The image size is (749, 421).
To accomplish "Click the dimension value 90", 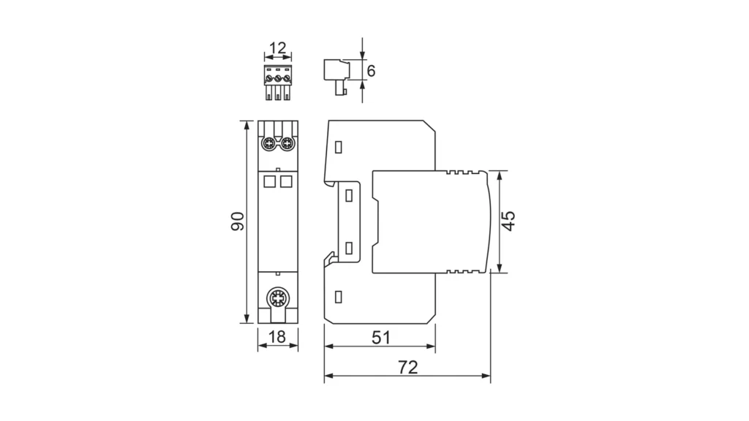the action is coord(238,221).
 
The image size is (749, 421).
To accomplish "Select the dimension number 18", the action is coord(277,337).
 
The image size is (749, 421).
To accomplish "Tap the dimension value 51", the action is coord(380,338).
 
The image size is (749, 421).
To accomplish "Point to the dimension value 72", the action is coord(408,367).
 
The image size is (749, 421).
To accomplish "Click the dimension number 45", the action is coord(509,221).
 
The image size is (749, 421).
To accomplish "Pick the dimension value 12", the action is coord(277,48).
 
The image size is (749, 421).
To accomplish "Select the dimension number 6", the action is coord(371,71).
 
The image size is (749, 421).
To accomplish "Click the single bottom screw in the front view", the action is coord(277,299).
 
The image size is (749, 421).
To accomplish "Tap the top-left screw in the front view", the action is coord(269,143).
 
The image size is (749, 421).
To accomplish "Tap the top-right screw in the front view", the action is coord(287,143).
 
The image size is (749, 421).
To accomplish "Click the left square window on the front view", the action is coord(269,181).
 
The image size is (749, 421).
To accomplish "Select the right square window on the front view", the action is coord(286,181).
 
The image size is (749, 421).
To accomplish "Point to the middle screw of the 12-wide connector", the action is coord(278,77).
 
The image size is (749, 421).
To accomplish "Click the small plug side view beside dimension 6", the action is coord(336,76).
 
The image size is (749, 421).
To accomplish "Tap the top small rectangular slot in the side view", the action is coord(338,147).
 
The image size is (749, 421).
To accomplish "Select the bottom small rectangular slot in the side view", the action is coord(338,297).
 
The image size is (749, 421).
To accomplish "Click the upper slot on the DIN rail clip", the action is coord(349,195).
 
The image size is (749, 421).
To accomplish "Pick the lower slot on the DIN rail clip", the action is coord(349,248).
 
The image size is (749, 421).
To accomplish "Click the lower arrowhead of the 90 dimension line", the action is coord(246,319).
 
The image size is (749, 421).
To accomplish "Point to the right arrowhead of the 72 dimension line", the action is coord(486,376).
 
